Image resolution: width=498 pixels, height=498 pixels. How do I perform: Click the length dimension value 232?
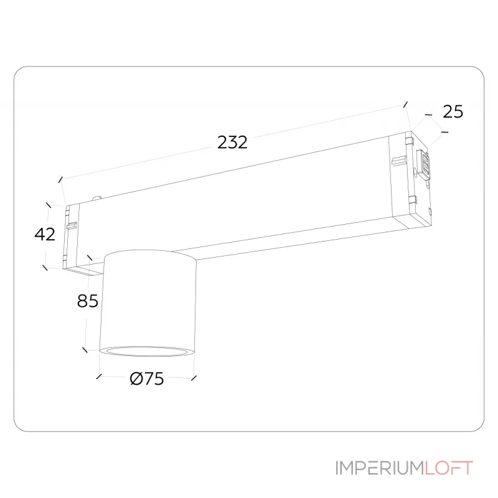click(x=233, y=143)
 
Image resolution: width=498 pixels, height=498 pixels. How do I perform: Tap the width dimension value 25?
click(x=453, y=112)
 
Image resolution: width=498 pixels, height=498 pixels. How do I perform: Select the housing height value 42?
click(x=45, y=235)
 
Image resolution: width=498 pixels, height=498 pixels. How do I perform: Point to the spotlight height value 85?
click(x=88, y=301)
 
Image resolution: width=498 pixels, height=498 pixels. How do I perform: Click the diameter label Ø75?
click(x=147, y=378)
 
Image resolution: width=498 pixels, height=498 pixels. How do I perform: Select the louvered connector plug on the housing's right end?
click(x=426, y=165)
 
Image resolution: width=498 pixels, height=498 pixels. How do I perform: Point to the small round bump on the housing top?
click(x=97, y=198)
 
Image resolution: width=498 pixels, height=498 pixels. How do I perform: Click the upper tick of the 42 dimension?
click(x=47, y=204)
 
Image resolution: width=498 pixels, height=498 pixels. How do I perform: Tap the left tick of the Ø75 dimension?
click(x=99, y=377)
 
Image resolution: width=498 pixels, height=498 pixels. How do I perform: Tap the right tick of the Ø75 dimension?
click(x=194, y=377)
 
